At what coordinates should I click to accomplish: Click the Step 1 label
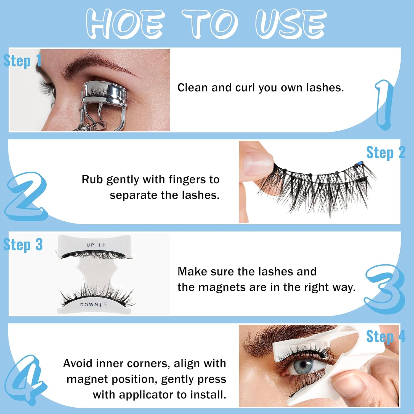pyautogui.click(x=22, y=61)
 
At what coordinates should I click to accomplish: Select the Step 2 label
pyautogui.click(x=386, y=153)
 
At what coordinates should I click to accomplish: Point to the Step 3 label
pyautogui.click(x=23, y=245)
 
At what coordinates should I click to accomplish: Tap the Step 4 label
pyautogui.click(x=386, y=336)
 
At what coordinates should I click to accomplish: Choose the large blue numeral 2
pyautogui.click(x=26, y=196)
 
